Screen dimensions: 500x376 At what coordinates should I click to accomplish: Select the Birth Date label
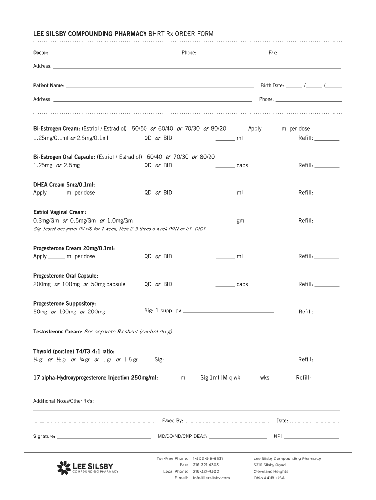click(x=272, y=86)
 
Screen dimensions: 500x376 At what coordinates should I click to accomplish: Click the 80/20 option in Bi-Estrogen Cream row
click(x=218, y=129)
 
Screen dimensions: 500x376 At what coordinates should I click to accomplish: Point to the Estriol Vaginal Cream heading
click(x=60, y=212)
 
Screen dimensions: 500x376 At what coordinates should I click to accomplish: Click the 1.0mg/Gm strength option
click(x=120, y=221)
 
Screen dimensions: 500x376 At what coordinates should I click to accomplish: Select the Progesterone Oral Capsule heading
click(x=65, y=276)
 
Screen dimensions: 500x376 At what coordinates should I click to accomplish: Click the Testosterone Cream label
click(x=58, y=332)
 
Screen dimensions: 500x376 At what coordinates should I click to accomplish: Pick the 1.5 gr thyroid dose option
click(x=131, y=360)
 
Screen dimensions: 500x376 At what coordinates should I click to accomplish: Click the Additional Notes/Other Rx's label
click(x=63, y=401)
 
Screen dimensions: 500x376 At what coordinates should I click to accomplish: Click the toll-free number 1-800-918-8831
click(x=208, y=459)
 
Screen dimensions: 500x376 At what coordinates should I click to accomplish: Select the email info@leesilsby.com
click(x=211, y=478)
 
